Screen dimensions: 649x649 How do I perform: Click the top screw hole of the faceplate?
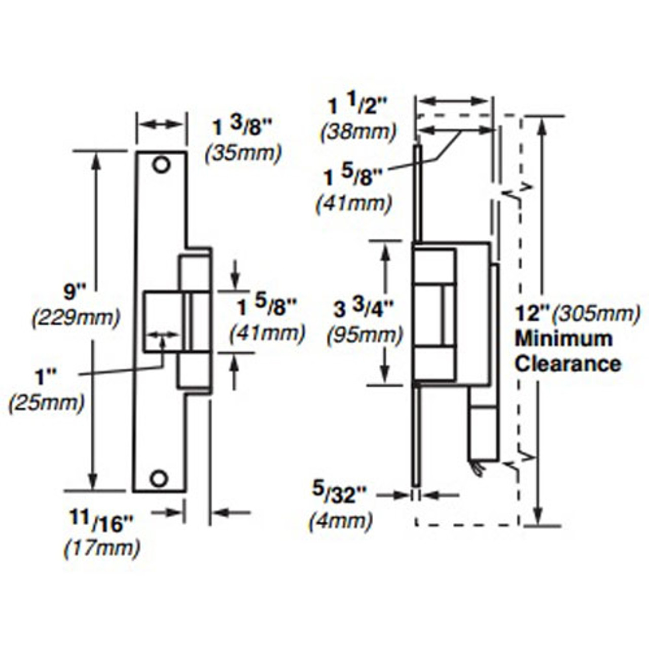161,165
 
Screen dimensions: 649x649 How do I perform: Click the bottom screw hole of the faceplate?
159,478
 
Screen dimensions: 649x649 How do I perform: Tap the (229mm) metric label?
76,318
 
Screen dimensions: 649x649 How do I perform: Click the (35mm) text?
243,153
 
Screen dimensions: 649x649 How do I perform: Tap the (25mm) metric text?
47,403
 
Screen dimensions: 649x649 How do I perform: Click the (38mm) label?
358,132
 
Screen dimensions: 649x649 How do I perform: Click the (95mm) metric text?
365,335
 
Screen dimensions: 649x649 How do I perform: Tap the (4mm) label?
341,521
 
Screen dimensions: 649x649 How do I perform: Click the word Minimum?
563,338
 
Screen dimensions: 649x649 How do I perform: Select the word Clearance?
568,364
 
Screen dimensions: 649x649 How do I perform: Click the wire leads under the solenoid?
477,468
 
